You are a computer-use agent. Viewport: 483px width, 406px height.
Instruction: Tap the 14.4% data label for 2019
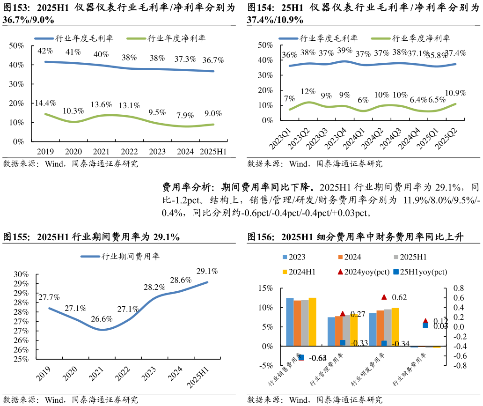[45, 103]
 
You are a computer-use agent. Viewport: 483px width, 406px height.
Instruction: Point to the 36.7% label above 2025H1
[213, 60]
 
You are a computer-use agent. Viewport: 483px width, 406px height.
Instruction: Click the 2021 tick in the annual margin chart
[102, 151]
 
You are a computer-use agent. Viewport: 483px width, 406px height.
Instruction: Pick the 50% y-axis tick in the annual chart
[16, 45]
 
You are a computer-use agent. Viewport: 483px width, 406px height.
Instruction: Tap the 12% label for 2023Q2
[308, 91]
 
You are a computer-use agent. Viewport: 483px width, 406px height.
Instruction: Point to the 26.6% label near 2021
[102, 319]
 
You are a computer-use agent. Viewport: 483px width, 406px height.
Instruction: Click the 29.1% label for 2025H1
[207, 271]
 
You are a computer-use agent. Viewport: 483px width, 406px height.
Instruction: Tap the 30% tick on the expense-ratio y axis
[21, 274]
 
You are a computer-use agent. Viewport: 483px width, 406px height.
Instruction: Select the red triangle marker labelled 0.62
[384, 297]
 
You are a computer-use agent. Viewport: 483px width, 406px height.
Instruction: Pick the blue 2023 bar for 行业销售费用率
[290, 322]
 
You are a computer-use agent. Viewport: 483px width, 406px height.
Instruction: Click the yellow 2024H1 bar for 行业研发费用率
[395, 327]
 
